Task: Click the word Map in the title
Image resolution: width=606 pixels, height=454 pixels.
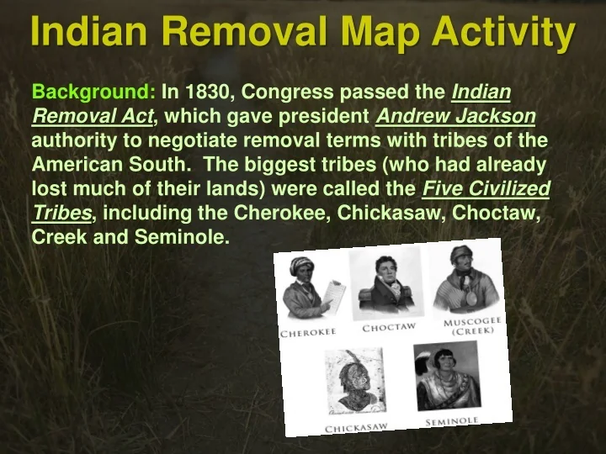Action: (380, 32)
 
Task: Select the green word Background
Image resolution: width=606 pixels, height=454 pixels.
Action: (93, 92)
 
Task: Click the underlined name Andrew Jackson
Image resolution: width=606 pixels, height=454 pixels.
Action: (455, 116)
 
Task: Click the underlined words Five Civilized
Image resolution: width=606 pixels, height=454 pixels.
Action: (486, 189)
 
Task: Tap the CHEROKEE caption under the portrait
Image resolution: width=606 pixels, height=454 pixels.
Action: (308, 332)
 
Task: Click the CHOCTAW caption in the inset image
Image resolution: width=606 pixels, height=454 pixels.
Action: (389, 327)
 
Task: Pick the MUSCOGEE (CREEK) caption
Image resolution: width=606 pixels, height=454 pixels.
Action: (472, 326)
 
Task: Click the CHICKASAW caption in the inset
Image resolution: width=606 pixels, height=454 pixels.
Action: (356, 428)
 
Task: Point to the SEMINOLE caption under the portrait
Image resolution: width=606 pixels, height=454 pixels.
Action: (452, 421)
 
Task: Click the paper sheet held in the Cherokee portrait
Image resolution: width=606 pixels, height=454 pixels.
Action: (334, 296)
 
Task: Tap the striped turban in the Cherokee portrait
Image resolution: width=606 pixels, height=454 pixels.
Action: (301, 265)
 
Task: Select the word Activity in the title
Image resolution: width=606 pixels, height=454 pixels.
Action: (503, 33)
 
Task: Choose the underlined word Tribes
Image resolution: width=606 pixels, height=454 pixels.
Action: (61, 213)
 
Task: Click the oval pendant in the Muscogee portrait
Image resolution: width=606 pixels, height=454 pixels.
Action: (471, 298)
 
